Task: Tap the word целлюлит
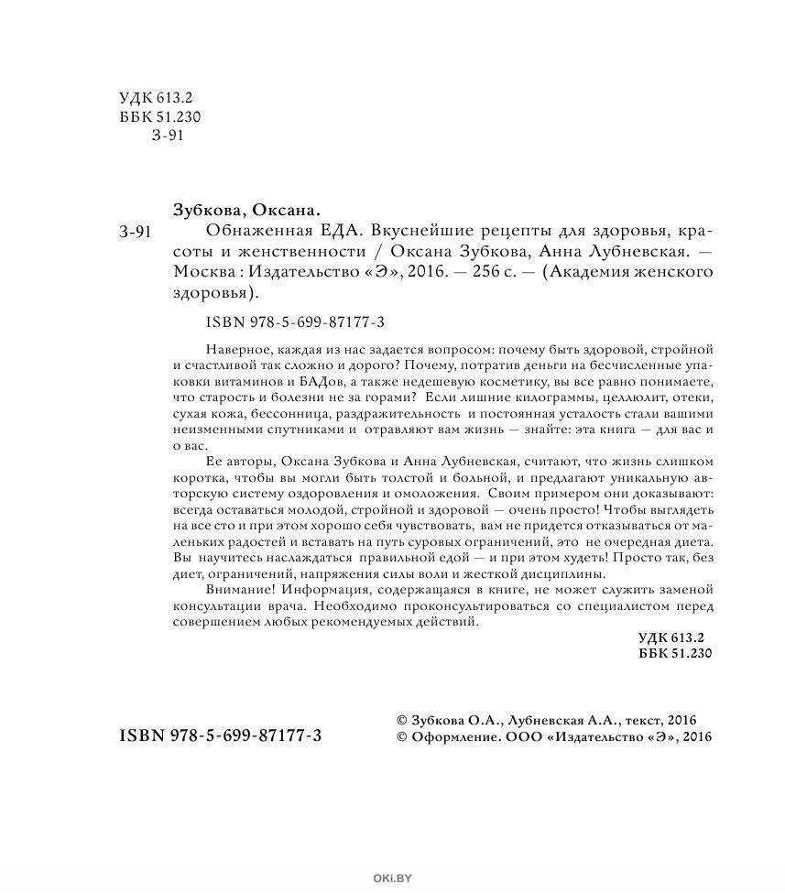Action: coord(606,398)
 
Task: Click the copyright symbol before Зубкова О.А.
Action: coord(397,720)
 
